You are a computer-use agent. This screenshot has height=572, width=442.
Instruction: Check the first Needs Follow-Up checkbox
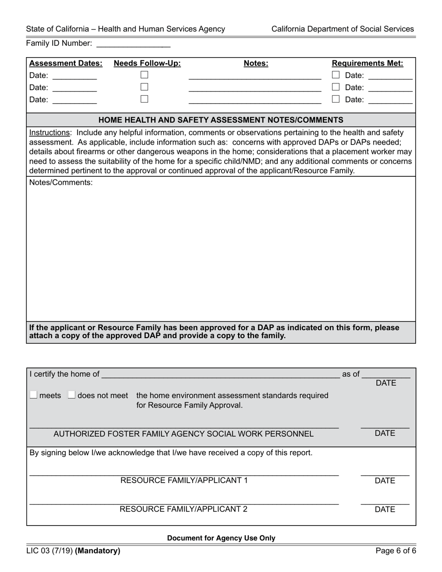144,74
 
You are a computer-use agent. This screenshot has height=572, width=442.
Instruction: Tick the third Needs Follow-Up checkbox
144,99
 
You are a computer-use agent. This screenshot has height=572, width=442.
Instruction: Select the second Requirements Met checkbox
335,87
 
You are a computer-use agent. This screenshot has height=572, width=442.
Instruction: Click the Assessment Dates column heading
66,64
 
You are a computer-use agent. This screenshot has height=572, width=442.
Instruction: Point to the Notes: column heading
256,64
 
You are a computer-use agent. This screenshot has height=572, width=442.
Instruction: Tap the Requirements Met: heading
367,64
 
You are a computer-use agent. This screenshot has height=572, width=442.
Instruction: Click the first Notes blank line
254,76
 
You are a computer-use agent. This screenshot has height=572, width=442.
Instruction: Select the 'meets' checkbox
33,395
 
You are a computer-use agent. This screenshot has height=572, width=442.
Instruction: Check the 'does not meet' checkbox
71,395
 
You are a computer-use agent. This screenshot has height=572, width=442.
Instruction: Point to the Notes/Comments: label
61,183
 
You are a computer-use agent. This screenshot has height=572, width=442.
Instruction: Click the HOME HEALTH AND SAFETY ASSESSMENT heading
221,120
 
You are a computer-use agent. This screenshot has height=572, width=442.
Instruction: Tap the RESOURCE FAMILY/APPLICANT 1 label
184,480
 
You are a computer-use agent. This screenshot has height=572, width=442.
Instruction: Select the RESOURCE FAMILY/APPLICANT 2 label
184,509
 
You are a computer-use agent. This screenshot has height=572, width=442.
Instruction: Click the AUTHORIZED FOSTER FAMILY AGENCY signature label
184,434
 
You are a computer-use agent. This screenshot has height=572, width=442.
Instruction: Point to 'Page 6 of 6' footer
396,551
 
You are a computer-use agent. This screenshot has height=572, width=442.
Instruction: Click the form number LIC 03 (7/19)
49,551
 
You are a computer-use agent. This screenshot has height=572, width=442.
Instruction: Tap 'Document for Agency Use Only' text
221,538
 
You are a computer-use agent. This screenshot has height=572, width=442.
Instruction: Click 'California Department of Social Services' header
342,29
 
